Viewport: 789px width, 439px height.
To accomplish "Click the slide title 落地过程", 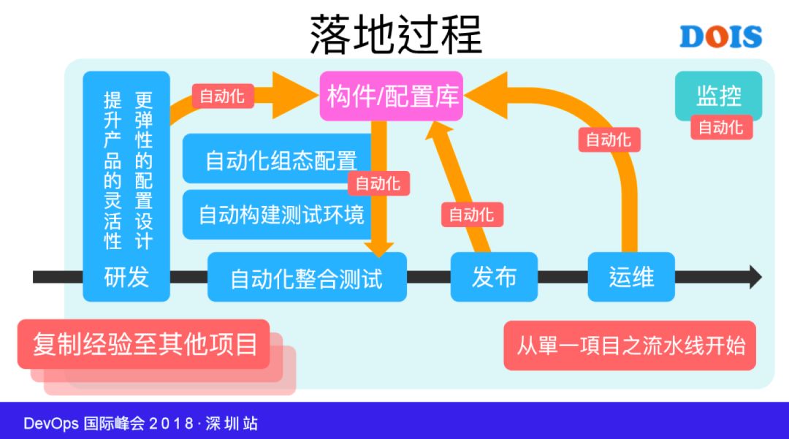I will click(396, 33).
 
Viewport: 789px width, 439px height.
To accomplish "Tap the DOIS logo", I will click(720, 37).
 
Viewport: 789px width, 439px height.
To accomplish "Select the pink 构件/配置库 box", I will click(392, 96).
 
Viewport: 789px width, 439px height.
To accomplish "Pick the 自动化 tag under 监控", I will click(720, 128).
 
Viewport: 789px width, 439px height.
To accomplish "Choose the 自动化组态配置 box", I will click(281, 159).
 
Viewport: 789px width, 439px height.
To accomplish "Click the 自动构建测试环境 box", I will click(281, 215).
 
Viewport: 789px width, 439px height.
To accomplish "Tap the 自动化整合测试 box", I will click(307, 278).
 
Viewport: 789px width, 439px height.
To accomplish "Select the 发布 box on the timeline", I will click(494, 277).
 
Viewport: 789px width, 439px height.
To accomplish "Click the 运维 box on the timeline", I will click(631, 277).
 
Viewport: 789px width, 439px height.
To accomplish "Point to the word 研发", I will click(126, 277).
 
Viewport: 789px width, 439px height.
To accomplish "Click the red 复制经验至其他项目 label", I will click(144, 343).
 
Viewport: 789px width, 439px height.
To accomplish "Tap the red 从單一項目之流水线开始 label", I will click(630, 345).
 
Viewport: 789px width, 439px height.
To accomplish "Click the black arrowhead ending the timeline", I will click(754, 277).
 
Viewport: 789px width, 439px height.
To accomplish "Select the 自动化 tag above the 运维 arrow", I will click(609, 139).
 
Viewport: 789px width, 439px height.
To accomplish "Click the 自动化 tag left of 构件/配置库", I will click(222, 96).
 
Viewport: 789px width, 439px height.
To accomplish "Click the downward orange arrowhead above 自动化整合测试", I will click(378, 247).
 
